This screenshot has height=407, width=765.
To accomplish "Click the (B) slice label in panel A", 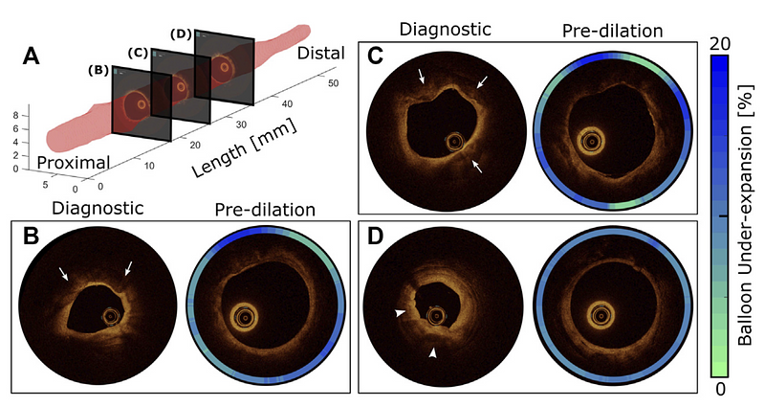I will click(x=97, y=69).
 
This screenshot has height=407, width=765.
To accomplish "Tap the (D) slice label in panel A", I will click(x=181, y=34).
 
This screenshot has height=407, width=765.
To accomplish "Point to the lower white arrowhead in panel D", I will click(x=433, y=353).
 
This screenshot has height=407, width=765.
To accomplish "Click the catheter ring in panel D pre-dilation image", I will click(x=601, y=312).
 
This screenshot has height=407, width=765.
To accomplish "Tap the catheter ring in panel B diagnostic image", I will click(x=114, y=315).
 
